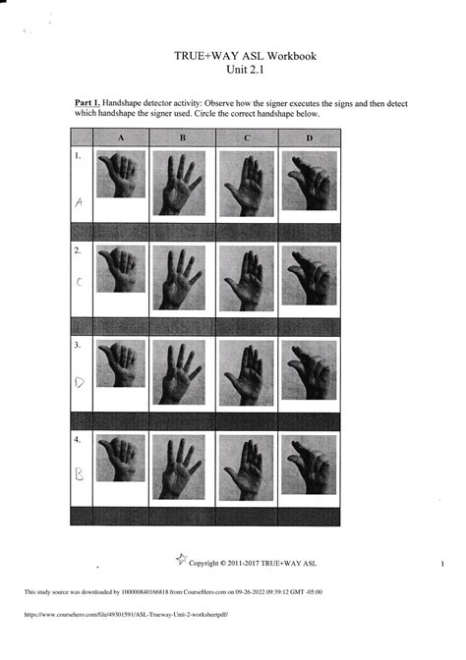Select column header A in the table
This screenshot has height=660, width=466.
point(121,138)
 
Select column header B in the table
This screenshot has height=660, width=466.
point(183,138)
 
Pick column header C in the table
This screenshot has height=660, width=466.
point(246,138)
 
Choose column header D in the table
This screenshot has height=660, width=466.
point(309,138)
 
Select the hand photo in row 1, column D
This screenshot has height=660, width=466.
point(310,180)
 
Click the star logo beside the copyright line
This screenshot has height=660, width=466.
point(180,560)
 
